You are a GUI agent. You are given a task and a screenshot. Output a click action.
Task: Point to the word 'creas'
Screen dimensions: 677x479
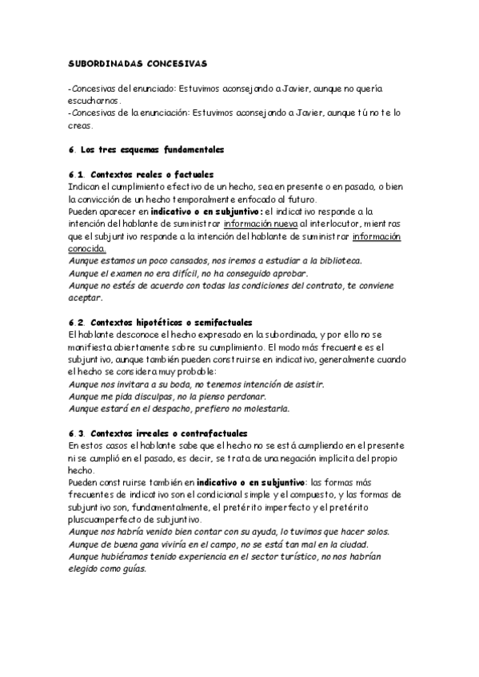[81, 126]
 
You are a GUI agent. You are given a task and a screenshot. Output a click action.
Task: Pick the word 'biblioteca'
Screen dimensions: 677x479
[335, 260]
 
